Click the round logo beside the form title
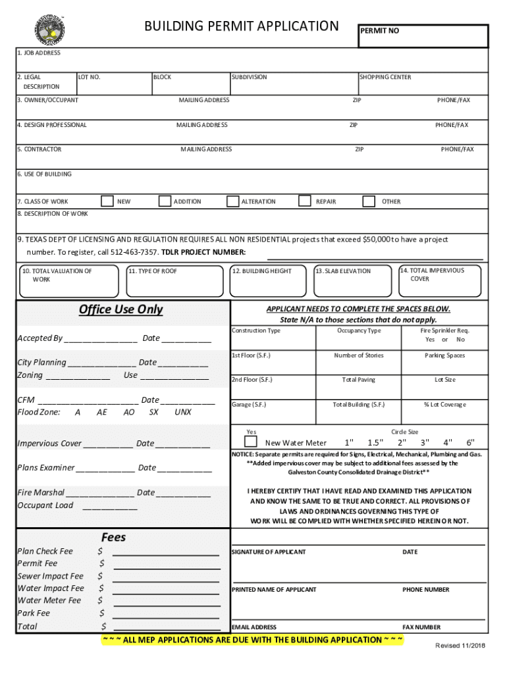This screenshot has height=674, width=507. pos(49,28)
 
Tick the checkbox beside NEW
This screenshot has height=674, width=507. pos(107,201)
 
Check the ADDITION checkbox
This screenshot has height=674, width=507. pos(165,201)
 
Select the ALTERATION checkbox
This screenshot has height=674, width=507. pos(232,201)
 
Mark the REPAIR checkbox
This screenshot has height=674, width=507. pos(305,201)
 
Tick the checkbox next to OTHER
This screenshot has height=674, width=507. pos(369,201)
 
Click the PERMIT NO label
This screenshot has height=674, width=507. pos(379,31)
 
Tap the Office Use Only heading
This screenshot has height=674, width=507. pos(120,309)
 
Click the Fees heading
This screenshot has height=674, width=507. pos(113,537)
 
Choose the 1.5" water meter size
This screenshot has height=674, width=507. pos(375,442)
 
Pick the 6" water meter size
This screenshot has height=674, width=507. pos(470,442)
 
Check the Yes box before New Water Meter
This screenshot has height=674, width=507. pos(251,442)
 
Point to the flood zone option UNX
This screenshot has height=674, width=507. pos(183,412)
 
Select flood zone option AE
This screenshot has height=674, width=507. pos(101,412)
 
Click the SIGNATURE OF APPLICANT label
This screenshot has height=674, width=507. pos(269,552)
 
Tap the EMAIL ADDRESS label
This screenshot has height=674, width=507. pos(254,627)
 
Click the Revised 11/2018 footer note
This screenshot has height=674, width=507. pos(460,645)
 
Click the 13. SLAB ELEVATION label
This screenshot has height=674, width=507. pos(342,271)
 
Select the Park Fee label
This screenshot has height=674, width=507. pos(34,613)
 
